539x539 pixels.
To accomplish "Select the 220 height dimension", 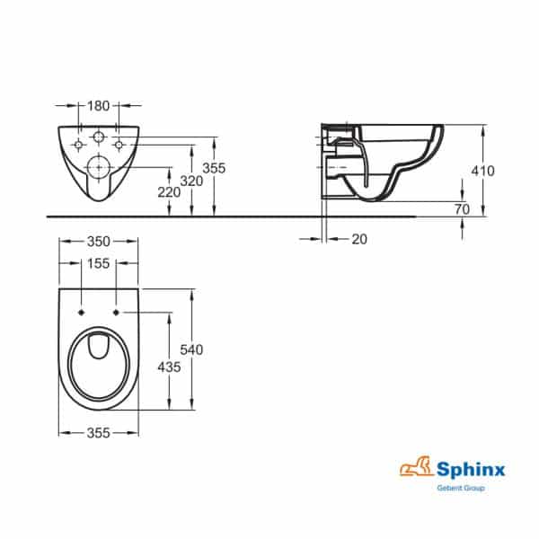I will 169,190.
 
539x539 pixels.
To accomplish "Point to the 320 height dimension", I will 190,180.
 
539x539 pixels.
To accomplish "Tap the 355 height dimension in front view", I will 214,168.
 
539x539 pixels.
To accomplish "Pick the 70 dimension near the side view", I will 463,208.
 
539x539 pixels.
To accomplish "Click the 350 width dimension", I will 99,242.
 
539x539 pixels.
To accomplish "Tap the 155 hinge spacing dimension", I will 99,263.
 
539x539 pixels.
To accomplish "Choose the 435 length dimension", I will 169,367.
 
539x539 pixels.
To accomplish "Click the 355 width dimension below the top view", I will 99,433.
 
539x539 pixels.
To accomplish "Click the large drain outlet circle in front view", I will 99,167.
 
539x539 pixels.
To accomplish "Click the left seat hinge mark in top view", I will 82,312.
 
